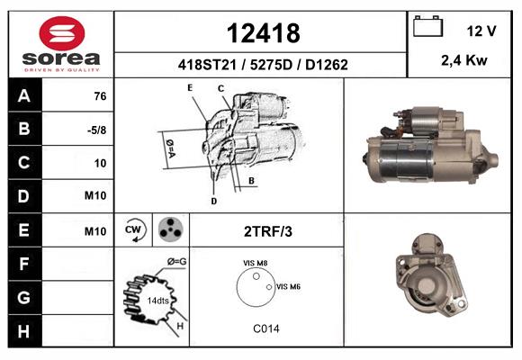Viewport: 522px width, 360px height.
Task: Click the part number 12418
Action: click(263, 33)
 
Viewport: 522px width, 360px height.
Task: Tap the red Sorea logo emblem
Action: click(62, 33)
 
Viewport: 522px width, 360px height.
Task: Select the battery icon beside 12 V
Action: click(427, 26)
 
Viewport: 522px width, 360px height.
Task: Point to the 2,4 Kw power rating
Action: click(464, 60)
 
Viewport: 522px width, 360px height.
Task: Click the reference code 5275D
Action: click(271, 65)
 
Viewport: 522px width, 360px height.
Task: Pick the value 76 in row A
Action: click(100, 96)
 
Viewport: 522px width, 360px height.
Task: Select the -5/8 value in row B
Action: click(96, 130)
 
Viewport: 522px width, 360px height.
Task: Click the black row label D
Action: click(25, 196)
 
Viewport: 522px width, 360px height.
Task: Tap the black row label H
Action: click(25, 331)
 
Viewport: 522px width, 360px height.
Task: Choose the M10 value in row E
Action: click(95, 230)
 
